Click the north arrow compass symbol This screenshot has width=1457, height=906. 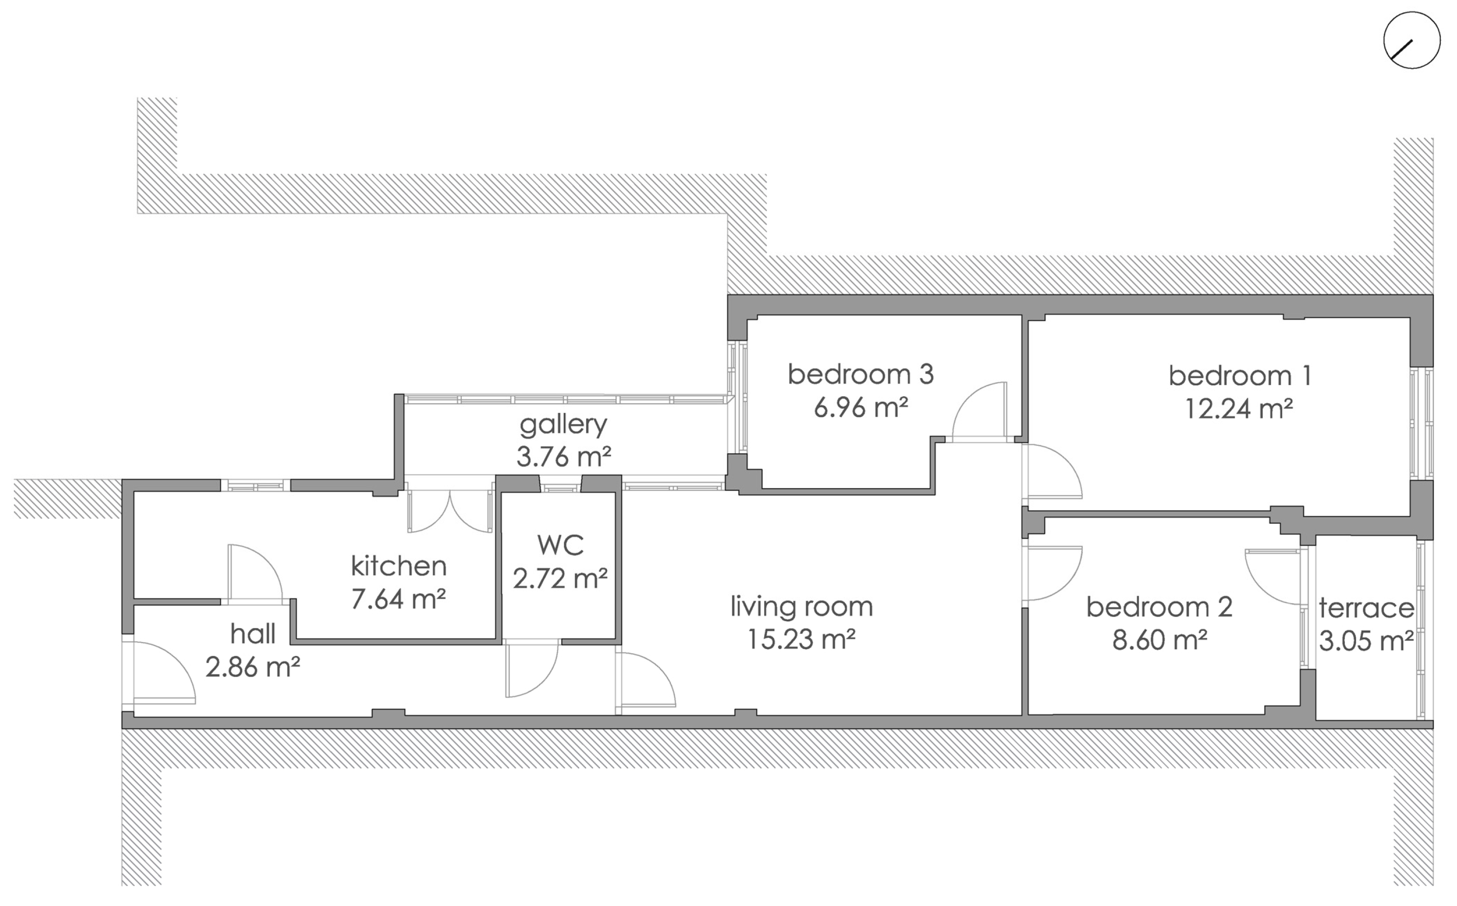1412,41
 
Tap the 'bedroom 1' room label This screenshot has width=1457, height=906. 1240,376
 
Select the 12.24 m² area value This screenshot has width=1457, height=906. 1239,409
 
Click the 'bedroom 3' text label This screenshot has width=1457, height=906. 861,374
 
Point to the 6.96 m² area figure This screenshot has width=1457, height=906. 861,407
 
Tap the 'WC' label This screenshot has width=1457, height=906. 561,545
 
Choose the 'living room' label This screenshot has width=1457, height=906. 801,607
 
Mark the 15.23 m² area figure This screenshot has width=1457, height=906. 801,639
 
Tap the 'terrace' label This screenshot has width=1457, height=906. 1366,609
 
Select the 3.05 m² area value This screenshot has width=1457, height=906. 1366,641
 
